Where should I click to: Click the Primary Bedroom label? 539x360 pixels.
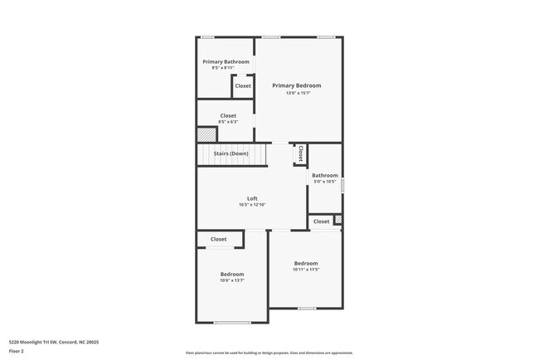click(296, 85)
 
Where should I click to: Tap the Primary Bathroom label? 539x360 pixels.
click(226, 61)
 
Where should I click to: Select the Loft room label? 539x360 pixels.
click(252, 198)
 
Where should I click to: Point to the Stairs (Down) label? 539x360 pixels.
click(231, 153)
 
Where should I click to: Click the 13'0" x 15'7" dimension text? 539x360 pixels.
click(296, 93)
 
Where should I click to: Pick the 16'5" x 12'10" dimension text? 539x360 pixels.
click(252, 205)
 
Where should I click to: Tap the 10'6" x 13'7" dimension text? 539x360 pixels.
click(232, 280)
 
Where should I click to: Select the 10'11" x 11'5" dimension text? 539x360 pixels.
click(306, 270)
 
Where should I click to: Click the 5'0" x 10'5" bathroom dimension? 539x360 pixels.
click(324, 181)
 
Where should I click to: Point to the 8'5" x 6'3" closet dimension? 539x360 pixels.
click(228, 122)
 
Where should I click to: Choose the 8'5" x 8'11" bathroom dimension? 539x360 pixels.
click(226, 68)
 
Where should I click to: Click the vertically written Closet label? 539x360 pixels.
click(300, 153)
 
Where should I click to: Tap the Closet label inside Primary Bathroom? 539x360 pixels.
click(243, 86)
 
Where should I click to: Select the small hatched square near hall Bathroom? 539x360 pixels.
click(337, 220)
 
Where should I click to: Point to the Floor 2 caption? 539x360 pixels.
click(17, 351)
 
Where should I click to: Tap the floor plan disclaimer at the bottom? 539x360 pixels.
click(269, 353)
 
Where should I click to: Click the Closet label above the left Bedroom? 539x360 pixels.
click(218, 239)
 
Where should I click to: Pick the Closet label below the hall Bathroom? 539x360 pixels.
click(321, 221)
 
